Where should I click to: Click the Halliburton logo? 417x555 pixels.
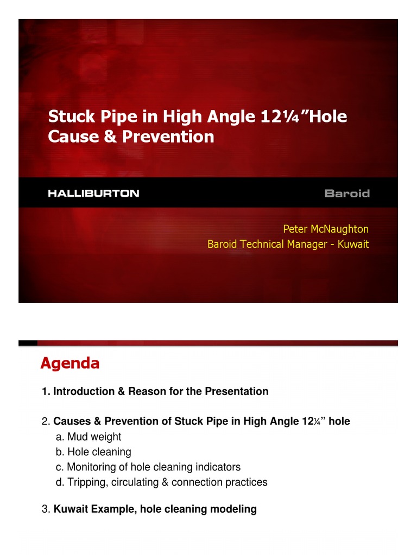point(93,193)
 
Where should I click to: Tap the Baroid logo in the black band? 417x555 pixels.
point(346,193)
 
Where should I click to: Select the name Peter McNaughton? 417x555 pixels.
point(326,229)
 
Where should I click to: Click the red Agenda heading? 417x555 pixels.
point(69,364)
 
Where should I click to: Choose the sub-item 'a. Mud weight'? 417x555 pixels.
point(89,436)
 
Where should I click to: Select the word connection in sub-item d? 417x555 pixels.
point(195,482)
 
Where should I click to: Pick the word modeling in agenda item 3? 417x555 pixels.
point(236,509)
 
